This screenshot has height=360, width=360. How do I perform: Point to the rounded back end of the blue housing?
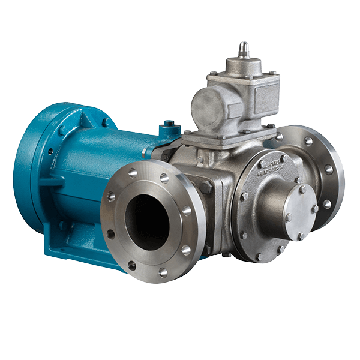point(27,174)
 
